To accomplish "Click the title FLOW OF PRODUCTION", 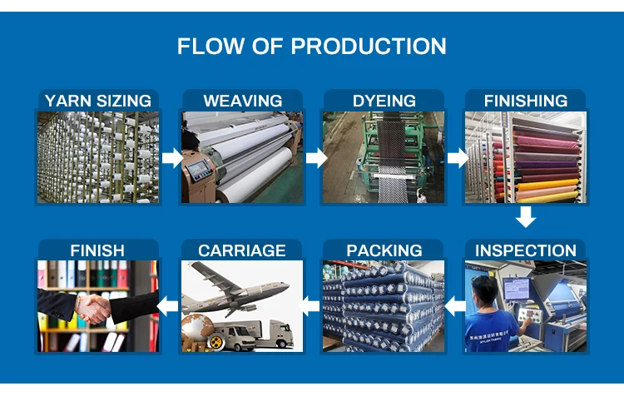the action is coord(312,46).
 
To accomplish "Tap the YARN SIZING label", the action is coord(98,101).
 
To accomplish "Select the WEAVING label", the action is coord(242,101).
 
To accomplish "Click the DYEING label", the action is coord(384,101).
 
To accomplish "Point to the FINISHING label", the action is coord(526,101).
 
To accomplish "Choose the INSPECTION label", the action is coord(526,250).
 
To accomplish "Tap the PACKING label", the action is coord(384,250).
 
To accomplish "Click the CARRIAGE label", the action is coord(242,250).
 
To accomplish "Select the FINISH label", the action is coord(97,250).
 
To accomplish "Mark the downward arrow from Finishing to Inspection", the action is coord(525,217).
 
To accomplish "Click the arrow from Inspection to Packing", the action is coord(454,306).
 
